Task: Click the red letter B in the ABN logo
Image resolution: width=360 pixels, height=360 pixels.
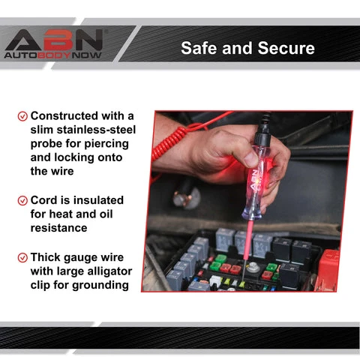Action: (57, 40)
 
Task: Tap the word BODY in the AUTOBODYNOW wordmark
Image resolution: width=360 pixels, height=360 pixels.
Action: (54, 55)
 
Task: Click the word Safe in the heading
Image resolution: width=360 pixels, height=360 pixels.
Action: (199, 48)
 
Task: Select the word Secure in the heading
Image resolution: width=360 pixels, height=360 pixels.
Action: (286, 48)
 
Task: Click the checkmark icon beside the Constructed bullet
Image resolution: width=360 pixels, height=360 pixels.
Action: (22, 116)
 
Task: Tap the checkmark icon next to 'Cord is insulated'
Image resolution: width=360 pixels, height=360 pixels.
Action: (22, 200)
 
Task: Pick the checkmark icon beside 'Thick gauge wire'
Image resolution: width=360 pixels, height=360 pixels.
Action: (22, 258)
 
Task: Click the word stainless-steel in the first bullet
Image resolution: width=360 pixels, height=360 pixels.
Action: (96, 130)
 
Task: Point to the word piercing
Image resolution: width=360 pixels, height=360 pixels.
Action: (106, 144)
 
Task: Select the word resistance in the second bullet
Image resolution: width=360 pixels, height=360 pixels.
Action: (58, 228)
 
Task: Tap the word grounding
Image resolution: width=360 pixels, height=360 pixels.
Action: (100, 286)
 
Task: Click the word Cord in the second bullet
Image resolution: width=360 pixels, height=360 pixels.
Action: (44, 200)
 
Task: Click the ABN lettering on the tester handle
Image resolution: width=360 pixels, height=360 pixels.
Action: (254, 181)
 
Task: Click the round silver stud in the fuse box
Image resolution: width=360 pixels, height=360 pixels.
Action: (251, 268)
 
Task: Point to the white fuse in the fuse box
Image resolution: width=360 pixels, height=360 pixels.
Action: (215, 280)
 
